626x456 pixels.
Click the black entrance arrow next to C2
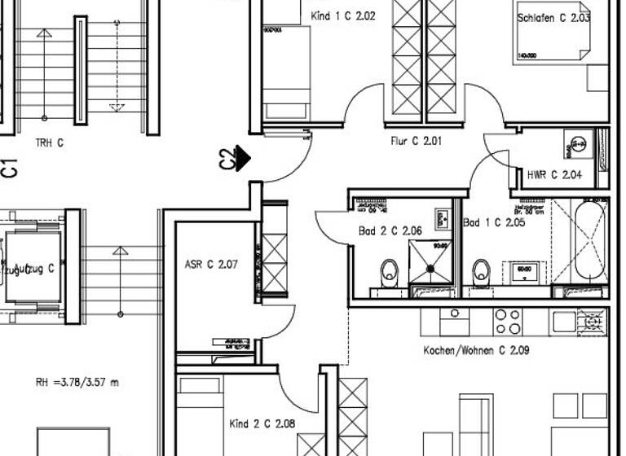click(243, 157)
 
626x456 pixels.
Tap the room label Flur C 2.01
click(416, 141)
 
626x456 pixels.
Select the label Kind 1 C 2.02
click(343, 15)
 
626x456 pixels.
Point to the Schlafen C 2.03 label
click(553, 16)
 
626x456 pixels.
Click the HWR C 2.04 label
click(554, 174)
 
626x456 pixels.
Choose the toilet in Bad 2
click(390, 269)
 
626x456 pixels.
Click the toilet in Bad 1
click(481, 269)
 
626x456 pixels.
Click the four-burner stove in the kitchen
click(508, 320)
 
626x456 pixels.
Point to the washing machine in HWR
click(580, 144)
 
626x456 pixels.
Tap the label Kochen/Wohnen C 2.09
click(476, 351)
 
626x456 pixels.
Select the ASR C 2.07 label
click(211, 265)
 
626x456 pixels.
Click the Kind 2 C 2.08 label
click(262, 423)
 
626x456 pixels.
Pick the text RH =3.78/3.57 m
click(77, 382)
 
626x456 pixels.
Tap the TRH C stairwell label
click(49, 143)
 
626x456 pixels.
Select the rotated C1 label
click(10, 168)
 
